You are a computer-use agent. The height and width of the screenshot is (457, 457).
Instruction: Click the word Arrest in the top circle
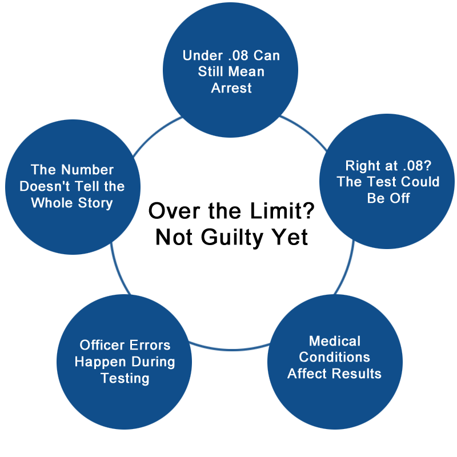[231, 89]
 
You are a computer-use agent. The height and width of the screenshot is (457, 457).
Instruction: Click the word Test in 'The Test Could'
[388, 182]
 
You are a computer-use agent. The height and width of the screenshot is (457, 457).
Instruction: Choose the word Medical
[335, 341]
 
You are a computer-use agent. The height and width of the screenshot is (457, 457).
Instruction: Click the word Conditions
[335, 358]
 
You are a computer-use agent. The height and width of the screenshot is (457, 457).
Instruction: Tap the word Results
[358, 374]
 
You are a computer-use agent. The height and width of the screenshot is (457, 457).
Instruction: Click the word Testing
[125, 378]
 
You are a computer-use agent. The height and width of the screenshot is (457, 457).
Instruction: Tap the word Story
[95, 203]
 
